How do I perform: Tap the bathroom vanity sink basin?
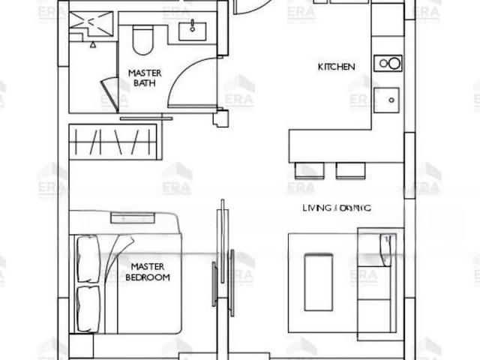tap(191, 28)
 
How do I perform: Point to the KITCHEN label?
tap(336, 67)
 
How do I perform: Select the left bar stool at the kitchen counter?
tap(310, 170)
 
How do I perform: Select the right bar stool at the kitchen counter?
tap(350, 170)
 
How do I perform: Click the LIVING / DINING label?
tap(337, 207)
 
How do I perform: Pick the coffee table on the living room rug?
tap(318, 281)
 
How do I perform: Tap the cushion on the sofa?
tap(388, 250)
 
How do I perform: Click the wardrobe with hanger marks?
tap(114, 142)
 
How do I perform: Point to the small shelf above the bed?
tap(133, 217)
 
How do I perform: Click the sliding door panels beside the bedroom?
tap(223, 262)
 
